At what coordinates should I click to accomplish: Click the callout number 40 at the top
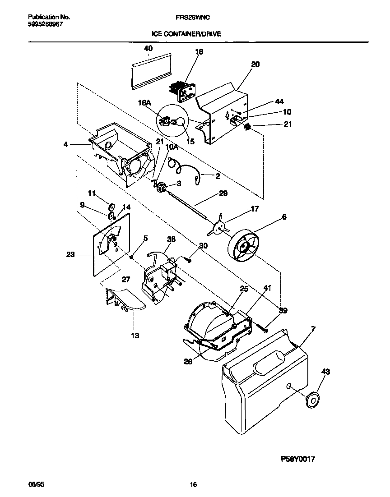[148, 48]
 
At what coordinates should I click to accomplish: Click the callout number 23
[70, 254]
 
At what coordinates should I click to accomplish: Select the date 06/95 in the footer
[37, 485]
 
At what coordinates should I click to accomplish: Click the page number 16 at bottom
[193, 485]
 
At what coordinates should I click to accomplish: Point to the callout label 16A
[144, 103]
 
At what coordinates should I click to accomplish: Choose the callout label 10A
[172, 147]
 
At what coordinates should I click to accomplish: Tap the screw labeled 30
[188, 259]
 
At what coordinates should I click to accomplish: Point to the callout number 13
[135, 335]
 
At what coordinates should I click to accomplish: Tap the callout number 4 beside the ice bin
[65, 145]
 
